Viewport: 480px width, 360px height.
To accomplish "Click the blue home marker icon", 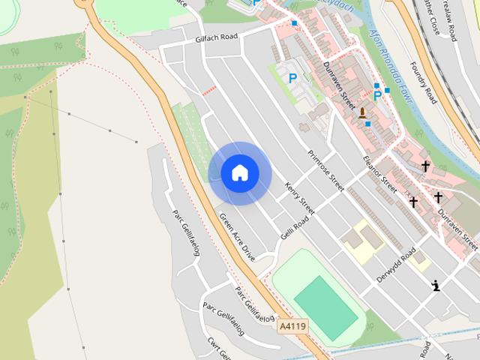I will click(240, 173).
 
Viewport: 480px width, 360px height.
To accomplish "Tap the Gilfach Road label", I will click(216, 37).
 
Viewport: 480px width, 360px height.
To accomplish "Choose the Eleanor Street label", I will click(379, 178).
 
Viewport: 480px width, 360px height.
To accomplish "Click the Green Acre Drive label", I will click(237, 236).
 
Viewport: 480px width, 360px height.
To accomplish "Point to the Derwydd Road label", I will click(396, 265).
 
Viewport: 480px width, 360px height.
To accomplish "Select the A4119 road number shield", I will click(292, 326).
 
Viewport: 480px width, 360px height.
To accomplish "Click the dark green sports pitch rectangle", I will click(326, 307).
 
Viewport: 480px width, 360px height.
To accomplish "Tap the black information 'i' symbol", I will click(435, 285).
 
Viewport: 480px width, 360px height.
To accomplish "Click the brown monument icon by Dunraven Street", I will click(363, 113).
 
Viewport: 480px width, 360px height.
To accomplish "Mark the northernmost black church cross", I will click(425, 166).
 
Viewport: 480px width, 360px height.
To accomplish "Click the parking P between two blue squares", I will click(377, 95).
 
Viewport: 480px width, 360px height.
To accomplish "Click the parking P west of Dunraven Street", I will click(292, 77).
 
